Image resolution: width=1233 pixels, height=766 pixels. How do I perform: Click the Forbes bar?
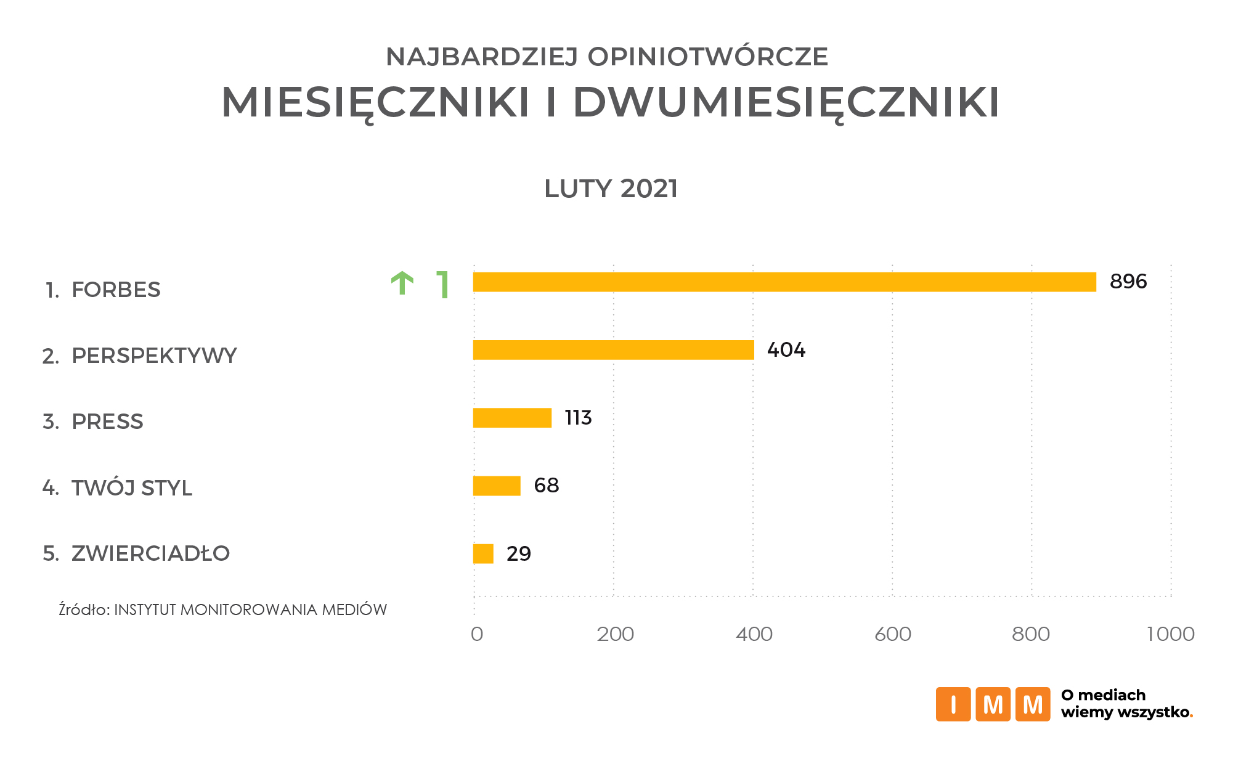tap(784, 282)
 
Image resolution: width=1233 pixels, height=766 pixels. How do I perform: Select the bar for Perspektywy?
tap(613, 350)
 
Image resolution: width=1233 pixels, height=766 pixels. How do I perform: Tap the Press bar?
tap(512, 418)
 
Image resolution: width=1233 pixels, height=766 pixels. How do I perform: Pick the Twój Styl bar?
tap(497, 486)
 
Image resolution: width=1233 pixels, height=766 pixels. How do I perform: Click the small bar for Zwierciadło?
tap(483, 553)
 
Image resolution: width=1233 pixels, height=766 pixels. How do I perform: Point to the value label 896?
tap(1128, 282)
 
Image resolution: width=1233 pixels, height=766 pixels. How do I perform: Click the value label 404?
tap(786, 350)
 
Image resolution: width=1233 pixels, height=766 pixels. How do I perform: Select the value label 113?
tap(578, 418)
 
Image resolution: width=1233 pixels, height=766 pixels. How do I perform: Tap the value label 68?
tap(546, 486)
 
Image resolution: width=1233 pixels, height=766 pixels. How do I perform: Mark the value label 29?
tap(518, 554)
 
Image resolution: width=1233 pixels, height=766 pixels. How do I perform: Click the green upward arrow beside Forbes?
tap(402, 283)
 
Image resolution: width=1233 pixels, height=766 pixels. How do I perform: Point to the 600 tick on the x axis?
tap(892, 634)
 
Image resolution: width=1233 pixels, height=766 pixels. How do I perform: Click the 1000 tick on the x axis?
tap(1170, 634)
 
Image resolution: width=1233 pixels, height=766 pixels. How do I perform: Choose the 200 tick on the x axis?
tap(615, 634)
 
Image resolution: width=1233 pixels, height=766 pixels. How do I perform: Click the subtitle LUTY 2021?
tap(611, 189)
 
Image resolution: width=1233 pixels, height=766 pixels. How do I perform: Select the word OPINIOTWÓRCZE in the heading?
tap(707, 57)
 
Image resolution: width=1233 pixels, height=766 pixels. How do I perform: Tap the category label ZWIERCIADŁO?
tap(150, 553)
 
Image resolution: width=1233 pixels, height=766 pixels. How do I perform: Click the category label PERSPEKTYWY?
tap(154, 356)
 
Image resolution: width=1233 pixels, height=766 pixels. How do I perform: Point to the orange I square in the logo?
tap(953, 704)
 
